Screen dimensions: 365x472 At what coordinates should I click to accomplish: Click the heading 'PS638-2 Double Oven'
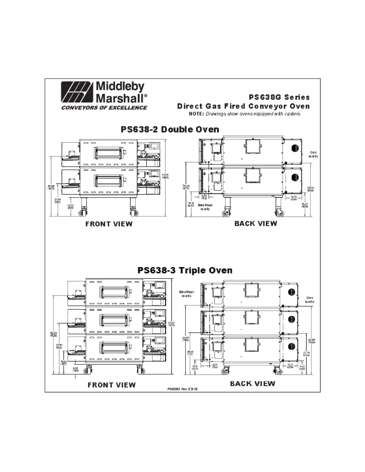click(170, 130)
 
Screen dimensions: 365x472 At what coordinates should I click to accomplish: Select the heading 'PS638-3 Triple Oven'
click(185, 271)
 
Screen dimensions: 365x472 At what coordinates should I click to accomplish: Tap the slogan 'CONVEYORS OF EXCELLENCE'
click(104, 108)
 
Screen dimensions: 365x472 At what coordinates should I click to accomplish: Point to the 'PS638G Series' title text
click(279, 97)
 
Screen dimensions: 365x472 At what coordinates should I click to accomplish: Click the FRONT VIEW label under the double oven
click(109, 224)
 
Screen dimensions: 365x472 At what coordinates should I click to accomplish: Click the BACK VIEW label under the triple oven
click(252, 383)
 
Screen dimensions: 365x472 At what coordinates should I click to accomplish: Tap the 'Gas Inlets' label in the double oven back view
click(313, 154)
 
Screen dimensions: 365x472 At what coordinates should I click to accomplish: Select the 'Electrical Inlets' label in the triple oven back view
click(187, 294)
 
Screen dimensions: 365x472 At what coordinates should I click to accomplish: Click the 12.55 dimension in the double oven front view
click(70, 207)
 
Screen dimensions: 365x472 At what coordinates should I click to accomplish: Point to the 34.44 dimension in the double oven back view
click(186, 187)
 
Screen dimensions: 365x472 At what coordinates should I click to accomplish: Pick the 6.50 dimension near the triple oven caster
click(75, 369)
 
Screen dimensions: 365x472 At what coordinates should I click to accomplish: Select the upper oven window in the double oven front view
click(109, 153)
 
